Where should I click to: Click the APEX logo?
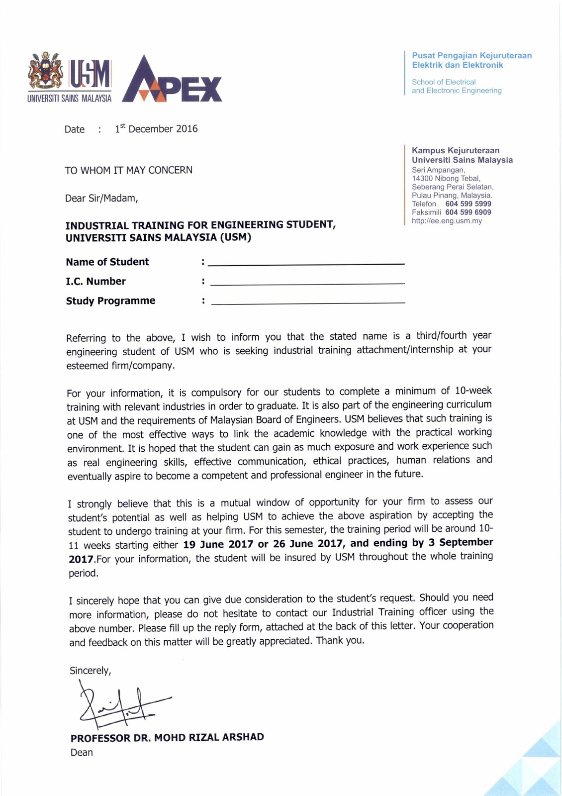(x=172, y=80)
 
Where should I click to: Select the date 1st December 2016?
(x=157, y=129)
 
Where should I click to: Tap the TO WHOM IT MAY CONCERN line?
(x=128, y=170)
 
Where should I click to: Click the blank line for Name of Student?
(x=306, y=263)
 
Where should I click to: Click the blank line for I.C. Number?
(x=307, y=283)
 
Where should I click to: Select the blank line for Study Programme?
(x=308, y=302)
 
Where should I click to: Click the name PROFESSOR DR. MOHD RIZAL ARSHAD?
(x=167, y=737)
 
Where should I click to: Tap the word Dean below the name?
(x=82, y=752)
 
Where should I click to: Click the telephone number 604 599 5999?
(x=468, y=204)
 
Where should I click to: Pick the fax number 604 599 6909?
(x=468, y=212)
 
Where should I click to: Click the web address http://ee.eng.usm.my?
(x=447, y=221)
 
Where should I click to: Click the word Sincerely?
(x=90, y=671)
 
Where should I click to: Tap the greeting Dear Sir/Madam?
(x=101, y=199)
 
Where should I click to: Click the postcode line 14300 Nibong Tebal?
(x=446, y=179)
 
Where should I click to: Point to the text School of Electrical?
(x=444, y=82)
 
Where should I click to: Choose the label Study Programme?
(x=110, y=301)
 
